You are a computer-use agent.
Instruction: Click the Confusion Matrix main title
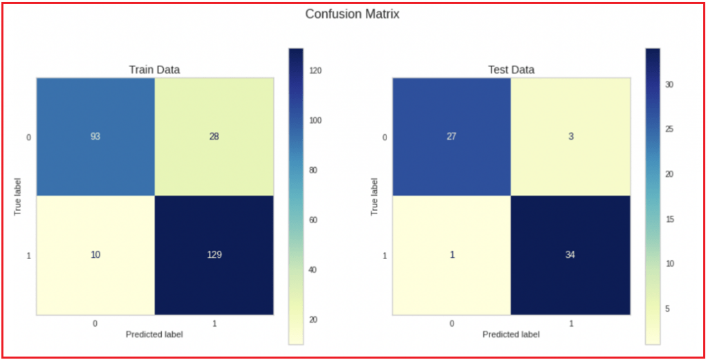point(352,14)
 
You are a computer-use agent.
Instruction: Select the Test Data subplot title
point(511,70)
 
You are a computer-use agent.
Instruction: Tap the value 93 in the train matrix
point(95,137)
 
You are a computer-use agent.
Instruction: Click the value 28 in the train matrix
point(214,137)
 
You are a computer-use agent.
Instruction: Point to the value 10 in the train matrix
point(95,255)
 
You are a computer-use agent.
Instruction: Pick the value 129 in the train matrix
point(214,255)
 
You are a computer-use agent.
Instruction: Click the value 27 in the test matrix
point(451,137)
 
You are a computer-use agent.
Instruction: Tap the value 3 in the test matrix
point(570,137)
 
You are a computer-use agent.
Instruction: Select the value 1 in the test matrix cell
point(451,255)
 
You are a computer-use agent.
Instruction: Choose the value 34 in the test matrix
point(570,255)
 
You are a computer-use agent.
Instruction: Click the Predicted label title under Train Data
point(154,334)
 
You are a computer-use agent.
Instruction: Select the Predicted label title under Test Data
point(511,334)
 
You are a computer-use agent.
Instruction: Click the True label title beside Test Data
point(374,196)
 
